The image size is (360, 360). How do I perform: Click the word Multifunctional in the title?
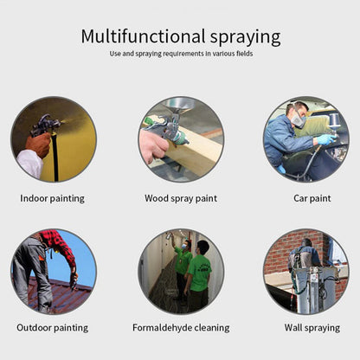(143, 36)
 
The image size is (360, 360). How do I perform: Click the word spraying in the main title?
(245, 37)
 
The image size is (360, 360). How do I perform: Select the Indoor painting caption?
(52, 199)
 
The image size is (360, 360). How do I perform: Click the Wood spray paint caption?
(181, 199)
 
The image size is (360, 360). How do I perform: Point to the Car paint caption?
(312, 199)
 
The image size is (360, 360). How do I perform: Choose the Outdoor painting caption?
(53, 328)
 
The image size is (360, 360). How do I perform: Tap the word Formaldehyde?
(162, 328)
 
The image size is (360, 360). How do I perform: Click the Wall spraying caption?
(312, 328)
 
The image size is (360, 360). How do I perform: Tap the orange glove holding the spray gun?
(38, 145)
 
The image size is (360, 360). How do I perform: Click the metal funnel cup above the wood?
(177, 105)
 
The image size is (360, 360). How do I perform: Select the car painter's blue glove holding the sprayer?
(325, 140)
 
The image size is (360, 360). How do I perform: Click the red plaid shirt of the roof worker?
(59, 245)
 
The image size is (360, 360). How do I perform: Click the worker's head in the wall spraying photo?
(306, 243)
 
